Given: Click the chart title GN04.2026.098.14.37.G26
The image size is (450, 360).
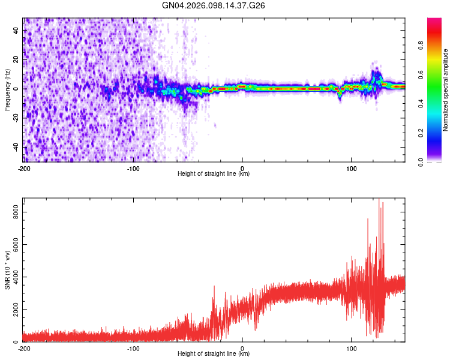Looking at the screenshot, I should (x=214, y=6).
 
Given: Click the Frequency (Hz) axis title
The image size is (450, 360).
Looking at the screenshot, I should (x=7, y=89).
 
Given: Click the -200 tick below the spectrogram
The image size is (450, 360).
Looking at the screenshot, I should (x=24, y=168).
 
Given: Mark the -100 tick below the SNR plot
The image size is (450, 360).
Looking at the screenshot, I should (x=133, y=348).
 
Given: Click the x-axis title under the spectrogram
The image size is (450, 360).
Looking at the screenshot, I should (x=214, y=174).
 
